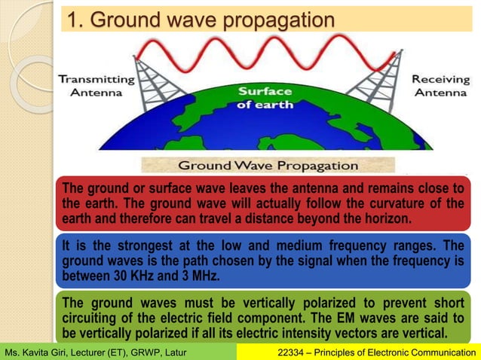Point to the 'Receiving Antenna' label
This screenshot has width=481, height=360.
click(440, 86)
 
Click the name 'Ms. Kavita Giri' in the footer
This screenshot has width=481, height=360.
click(38, 352)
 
